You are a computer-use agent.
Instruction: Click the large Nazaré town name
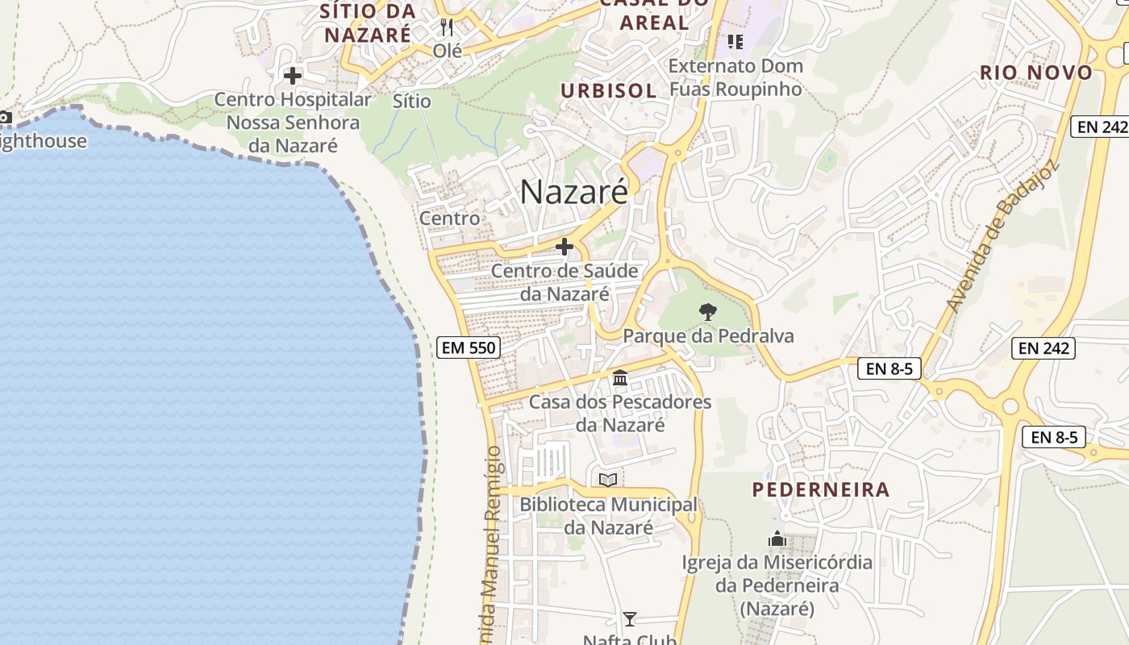573,192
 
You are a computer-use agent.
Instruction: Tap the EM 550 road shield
469,347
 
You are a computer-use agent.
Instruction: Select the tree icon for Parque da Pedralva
708,311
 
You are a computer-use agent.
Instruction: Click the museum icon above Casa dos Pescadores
620,377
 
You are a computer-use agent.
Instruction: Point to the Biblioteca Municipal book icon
608,481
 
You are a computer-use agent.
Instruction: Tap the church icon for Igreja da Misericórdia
777,539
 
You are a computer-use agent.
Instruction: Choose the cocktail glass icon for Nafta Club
630,619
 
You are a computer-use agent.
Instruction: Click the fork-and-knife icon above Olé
448,27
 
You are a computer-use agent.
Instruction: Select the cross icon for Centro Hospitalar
293,76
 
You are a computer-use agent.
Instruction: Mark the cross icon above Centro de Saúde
564,247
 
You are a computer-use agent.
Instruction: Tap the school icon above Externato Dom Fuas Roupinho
735,40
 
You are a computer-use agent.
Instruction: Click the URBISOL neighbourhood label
609,90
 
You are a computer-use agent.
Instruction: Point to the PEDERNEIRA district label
821,489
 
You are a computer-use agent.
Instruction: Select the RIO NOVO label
1036,73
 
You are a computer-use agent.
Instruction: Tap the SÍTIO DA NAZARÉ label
368,23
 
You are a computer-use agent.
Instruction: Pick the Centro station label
449,218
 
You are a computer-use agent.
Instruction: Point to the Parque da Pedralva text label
709,335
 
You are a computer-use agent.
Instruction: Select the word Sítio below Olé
412,101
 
